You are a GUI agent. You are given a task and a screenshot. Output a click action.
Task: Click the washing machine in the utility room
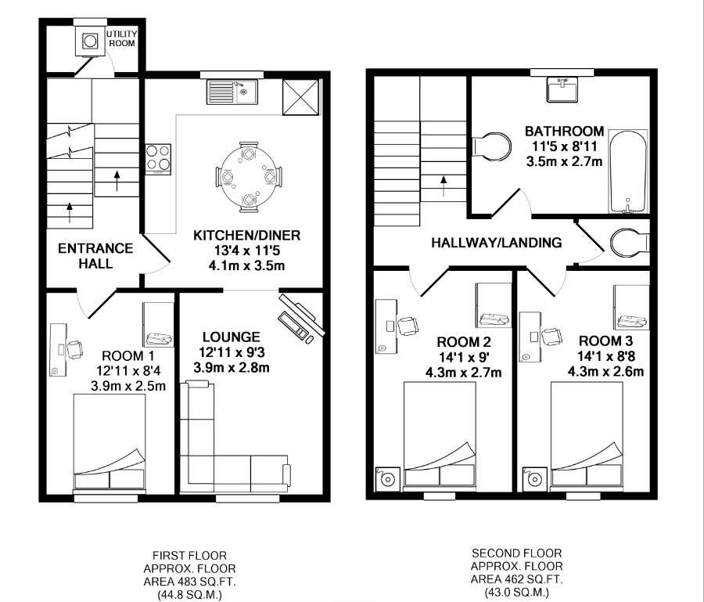tap(90, 41)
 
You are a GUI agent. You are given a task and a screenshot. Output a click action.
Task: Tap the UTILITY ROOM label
tap(122, 38)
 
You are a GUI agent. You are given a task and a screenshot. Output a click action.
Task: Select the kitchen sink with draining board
tap(232, 92)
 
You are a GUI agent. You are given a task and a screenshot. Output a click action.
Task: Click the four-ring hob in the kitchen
tap(158, 159)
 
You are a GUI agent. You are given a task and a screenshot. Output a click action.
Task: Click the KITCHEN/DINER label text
tap(246, 236)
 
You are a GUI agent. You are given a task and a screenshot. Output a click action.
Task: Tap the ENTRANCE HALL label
tap(95, 256)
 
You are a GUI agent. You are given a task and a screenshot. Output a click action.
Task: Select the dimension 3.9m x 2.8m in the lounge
tap(232, 368)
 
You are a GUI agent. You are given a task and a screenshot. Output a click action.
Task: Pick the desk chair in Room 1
tap(74, 348)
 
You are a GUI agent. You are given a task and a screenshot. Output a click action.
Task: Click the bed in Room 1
tap(109, 442)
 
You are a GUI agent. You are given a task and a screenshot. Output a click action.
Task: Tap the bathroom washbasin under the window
tap(562, 89)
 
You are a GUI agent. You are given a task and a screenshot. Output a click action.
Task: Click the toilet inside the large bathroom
tap(492, 146)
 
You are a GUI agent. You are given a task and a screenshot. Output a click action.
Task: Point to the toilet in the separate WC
tap(630, 243)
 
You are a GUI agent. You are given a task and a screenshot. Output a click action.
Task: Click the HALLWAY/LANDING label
tap(497, 243)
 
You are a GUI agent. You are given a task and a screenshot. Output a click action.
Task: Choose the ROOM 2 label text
tap(464, 342)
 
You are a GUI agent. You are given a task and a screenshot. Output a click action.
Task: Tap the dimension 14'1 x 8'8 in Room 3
tap(606, 357)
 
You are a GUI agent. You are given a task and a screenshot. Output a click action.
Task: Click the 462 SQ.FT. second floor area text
tap(516, 579)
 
